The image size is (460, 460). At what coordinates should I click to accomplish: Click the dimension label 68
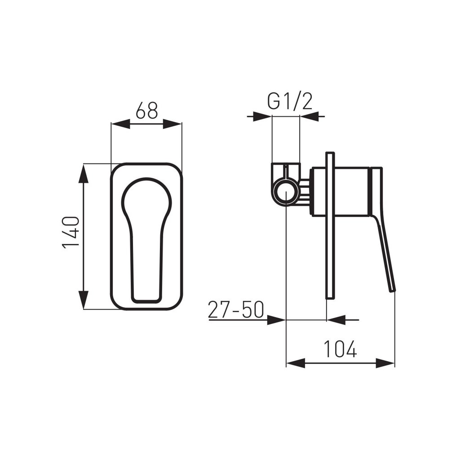point(147,110)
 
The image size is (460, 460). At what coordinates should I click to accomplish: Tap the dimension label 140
point(71,232)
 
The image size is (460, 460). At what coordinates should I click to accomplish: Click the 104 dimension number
point(340,349)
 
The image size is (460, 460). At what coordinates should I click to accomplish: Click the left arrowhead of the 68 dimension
point(120,124)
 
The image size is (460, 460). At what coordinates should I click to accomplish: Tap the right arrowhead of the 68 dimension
point(172,124)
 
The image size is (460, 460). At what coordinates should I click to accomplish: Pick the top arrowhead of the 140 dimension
point(84,173)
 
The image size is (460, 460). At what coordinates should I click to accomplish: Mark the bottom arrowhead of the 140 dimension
point(84,299)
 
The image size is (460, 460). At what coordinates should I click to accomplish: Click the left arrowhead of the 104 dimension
point(296,363)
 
